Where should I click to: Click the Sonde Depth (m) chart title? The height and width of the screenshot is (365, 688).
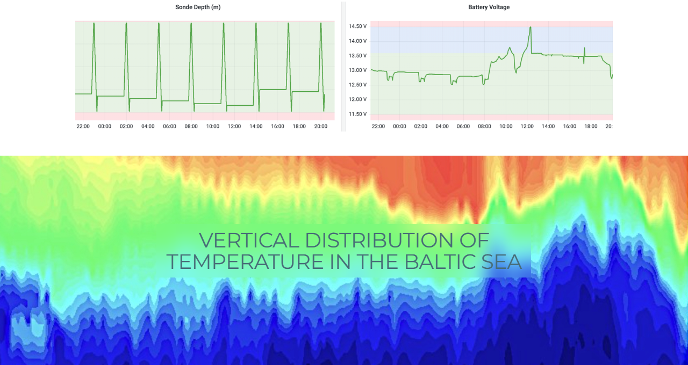click(198, 8)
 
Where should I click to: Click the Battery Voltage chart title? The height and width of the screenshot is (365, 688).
click(489, 8)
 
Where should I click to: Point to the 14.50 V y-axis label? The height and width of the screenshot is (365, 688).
click(357, 26)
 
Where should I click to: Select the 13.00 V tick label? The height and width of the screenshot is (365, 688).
click(357, 70)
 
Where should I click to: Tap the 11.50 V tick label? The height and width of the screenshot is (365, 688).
click(357, 114)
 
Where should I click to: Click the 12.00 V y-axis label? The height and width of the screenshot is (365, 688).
click(357, 99)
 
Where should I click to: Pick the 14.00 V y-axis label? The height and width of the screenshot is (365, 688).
click(357, 41)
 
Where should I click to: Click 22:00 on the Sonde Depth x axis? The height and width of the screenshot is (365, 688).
click(83, 126)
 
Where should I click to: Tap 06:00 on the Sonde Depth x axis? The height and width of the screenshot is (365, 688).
click(169, 126)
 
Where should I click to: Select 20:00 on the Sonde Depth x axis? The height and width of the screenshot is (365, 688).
click(320, 126)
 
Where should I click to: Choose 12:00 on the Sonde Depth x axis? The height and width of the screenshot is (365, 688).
click(234, 126)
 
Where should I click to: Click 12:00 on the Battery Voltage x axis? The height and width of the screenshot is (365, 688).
click(527, 126)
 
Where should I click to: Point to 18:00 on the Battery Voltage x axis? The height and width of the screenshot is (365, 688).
click(591, 126)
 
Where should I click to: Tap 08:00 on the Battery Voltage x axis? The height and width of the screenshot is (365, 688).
click(484, 126)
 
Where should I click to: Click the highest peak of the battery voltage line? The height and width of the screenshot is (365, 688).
click(531, 27)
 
